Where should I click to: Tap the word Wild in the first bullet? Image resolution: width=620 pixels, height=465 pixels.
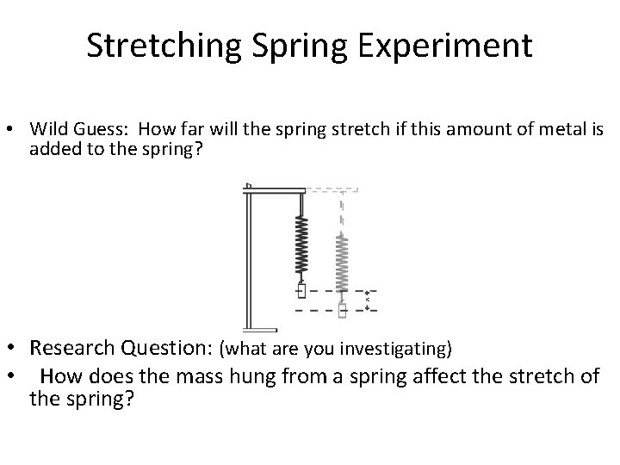click(x=48, y=130)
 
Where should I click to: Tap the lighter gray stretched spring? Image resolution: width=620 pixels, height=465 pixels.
click(x=342, y=263)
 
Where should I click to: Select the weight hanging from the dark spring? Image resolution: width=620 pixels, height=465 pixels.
click(x=302, y=291)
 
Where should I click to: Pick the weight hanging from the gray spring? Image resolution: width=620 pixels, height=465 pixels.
click(x=343, y=310)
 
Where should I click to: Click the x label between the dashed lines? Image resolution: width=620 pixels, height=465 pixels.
click(x=368, y=300)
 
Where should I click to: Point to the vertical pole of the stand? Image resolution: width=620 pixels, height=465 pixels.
click(x=248, y=258)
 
